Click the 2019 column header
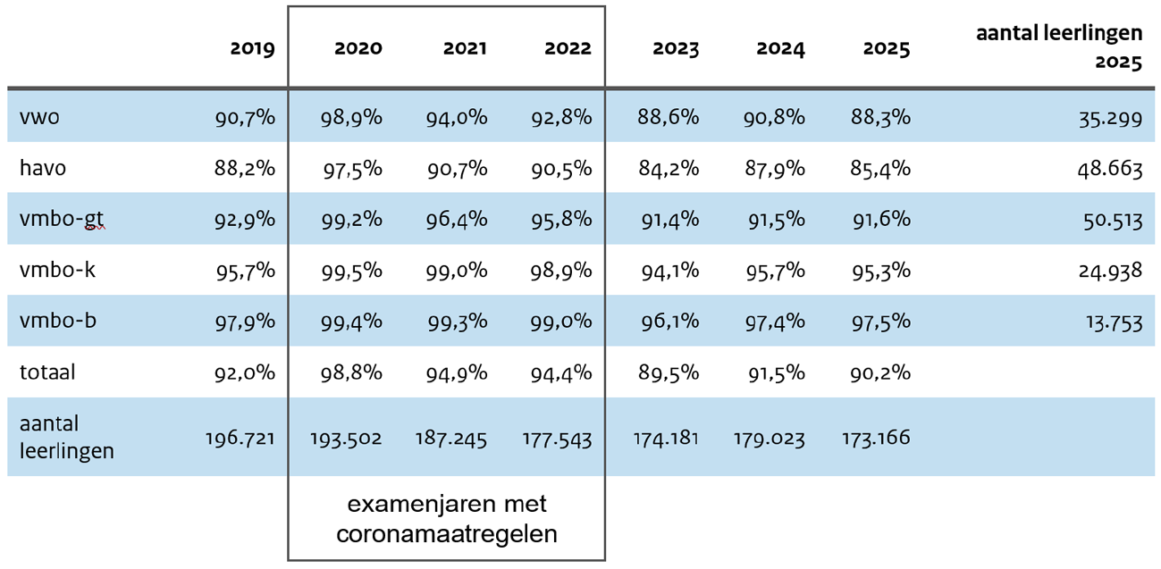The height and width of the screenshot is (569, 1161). [252, 48]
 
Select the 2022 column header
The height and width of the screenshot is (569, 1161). [568, 48]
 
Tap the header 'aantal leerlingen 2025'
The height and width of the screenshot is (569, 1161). [1059, 48]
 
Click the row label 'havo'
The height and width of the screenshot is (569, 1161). [42, 168]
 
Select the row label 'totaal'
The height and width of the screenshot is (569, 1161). [47, 372]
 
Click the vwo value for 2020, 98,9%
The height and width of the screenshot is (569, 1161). [351, 117]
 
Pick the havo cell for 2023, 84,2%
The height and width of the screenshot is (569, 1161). [668, 169]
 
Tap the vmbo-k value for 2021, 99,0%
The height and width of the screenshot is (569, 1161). [458, 271]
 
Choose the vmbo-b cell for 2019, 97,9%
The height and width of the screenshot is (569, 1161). [245, 322]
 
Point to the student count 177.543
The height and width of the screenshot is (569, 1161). [557, 439]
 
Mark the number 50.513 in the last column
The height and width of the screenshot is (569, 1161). [1109, 220]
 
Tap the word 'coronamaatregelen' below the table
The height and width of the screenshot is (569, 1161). [446, 534]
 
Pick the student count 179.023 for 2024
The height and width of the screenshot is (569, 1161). [770, 439]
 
